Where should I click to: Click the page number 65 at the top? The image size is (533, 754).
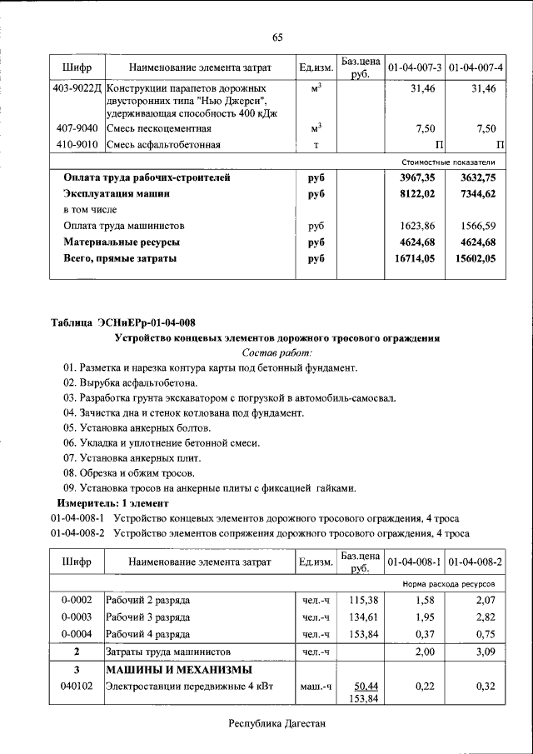(x=277, y=37)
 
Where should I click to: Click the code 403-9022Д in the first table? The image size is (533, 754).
(x=77, y=88)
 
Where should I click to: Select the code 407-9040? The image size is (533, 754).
(x=77, y=128)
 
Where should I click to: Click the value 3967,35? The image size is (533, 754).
(x=416, y=177)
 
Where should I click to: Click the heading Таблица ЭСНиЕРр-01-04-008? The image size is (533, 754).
(x=123, y=322)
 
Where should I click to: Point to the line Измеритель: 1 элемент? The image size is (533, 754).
(x=112, y=503)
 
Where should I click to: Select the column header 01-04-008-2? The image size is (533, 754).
(x=476, y=563)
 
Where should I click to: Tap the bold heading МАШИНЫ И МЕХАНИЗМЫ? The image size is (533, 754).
(x=177, y=670)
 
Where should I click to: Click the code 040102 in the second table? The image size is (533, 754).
(x=77, y=686)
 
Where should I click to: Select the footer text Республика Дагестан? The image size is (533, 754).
(x=276, y=724)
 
